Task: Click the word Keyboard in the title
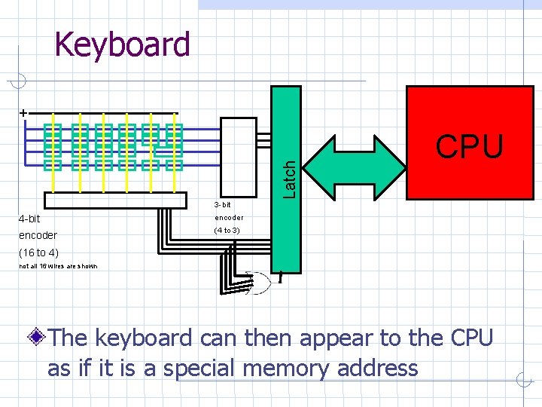123,44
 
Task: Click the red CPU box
469,143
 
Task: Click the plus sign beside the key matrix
23,112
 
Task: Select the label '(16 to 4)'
38,252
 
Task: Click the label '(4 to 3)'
227,230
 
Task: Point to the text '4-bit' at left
29,219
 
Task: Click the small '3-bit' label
222,205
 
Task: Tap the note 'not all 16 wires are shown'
57,266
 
